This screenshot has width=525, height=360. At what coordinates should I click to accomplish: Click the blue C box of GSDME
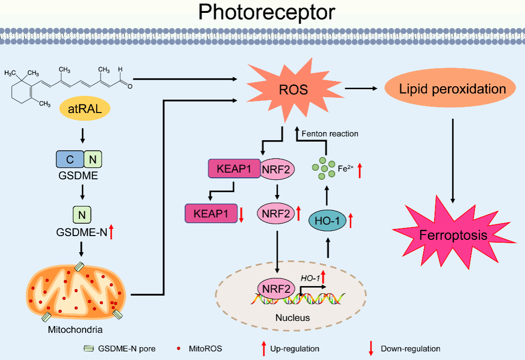tap(70, 159)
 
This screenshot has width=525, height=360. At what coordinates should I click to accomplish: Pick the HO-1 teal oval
tap(328, 221)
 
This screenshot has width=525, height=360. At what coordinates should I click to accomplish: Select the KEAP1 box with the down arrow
tap(211, 213)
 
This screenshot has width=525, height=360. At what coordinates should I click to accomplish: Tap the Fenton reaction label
tap(330, 134)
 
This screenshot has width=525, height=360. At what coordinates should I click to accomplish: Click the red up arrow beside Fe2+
tap(360, 170)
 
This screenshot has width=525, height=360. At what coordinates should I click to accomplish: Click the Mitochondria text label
tap(75, 329)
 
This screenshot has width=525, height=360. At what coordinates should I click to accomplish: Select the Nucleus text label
tap(293, 318)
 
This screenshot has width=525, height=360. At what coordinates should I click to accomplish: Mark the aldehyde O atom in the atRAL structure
tap(129, 86)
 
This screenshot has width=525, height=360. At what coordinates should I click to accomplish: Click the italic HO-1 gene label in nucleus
tap(310, 278)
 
